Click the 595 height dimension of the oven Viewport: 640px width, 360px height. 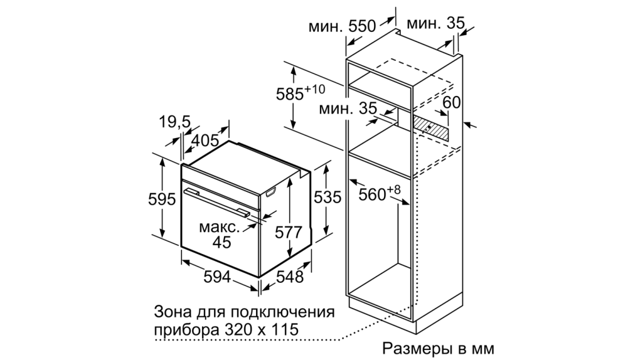(x=162, y=199)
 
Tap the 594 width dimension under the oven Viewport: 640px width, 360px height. (x=217, y=277)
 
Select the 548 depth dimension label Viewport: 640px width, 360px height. (x=290, y=277)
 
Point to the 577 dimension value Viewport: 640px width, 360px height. (x=288, y=233)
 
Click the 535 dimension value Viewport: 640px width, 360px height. (x=328, y=198)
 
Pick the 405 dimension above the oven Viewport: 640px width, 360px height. (x=205, y=140)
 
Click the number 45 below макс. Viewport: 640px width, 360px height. (x=222, y=242)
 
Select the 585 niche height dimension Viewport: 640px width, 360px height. (x=290, y=94)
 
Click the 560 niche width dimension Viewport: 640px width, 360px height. (x=372, y=194)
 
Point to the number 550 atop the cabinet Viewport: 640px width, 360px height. (x=361, y=26)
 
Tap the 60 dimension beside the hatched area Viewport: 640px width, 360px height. (x=451, y=102)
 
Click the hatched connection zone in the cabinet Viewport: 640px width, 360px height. (x=430, y=128)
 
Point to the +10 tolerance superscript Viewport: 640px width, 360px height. (x=315, y=88)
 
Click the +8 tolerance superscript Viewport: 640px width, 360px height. (x=394, y=189)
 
